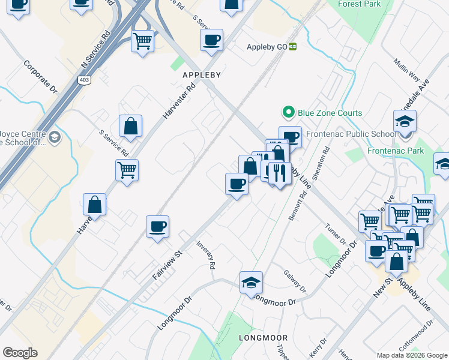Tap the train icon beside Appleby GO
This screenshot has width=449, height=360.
[293, 47]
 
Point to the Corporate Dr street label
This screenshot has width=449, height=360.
[40, 77]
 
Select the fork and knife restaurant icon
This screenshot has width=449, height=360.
[279, 173]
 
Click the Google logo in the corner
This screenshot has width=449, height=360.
[20, 353]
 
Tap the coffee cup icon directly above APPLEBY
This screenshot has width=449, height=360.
[211, 40]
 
